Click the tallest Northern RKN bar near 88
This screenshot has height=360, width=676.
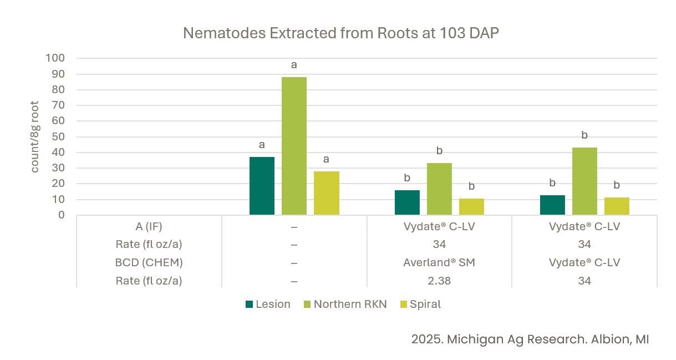tap(294, 145)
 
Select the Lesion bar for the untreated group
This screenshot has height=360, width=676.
tap(262, 186)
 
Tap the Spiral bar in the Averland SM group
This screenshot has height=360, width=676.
tap(471, 206)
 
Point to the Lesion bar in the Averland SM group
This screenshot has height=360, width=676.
tap(407, 202)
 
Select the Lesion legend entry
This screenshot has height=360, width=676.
tap(268, 304)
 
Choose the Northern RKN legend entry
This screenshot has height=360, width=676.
tap(345, 304)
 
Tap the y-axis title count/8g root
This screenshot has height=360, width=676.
tap(35, 136)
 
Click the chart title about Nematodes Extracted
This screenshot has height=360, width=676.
tap(341, 33)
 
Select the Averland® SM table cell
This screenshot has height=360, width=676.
tap(439, 262)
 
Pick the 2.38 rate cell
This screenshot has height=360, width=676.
tap(439, 281)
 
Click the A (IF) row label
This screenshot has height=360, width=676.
tap(149, 226)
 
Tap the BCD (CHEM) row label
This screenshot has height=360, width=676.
tap(149, 262)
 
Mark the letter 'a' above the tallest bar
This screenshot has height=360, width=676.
tap(294, 65)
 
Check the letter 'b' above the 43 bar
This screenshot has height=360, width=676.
tap(584, 135)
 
